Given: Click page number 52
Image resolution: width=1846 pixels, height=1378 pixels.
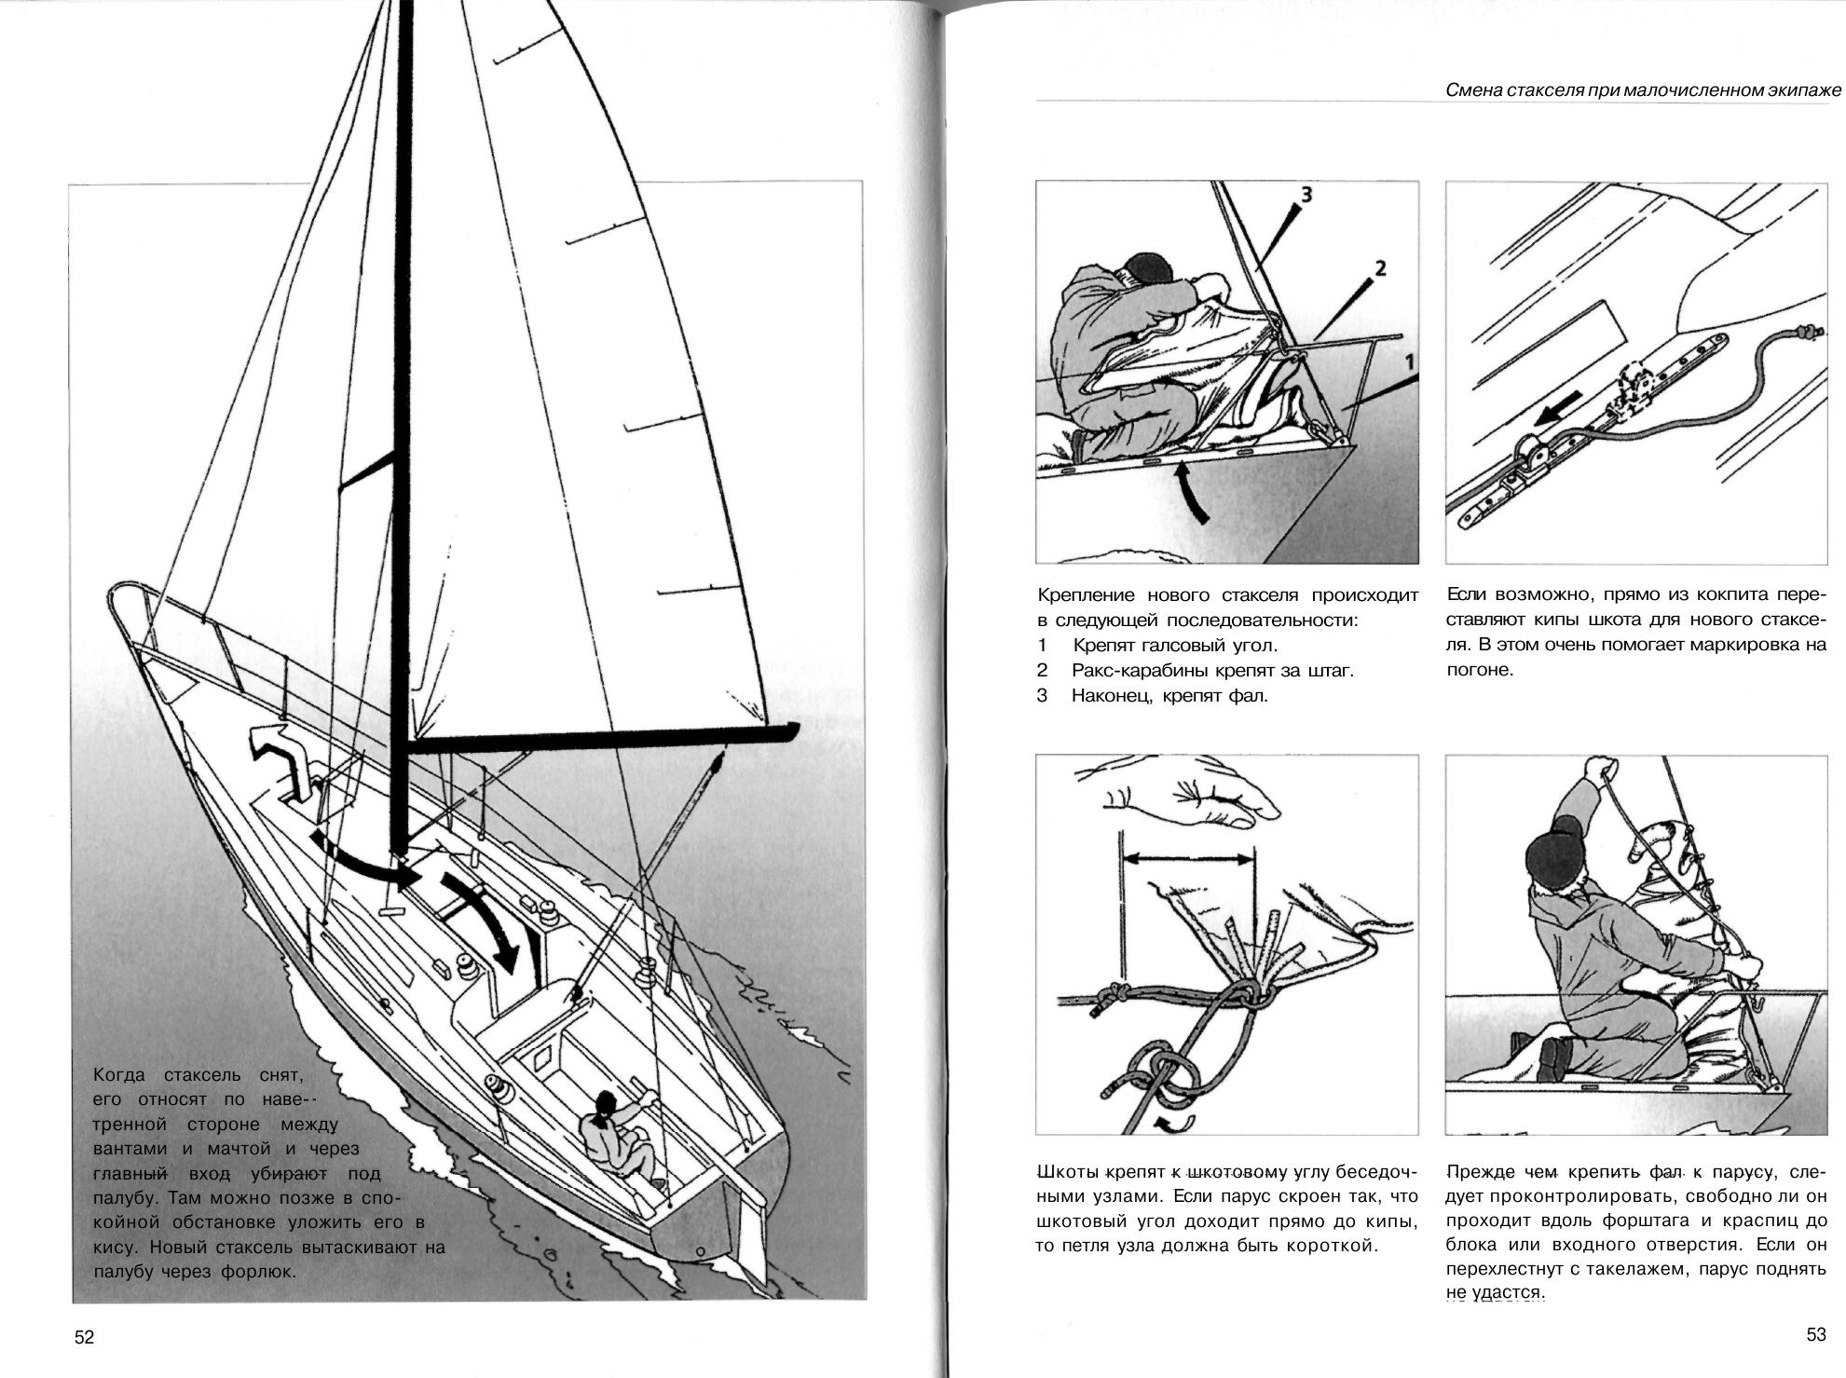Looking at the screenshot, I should (84, 1337).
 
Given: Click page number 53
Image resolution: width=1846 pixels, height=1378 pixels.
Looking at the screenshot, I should (1816, 1334).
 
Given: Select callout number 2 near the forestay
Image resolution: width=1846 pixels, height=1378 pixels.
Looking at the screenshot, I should (1380, 268).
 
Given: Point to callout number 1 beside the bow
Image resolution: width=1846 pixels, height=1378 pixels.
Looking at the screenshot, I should (1410, 360).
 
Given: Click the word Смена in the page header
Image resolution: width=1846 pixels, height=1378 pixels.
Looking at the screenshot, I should (1472, 90).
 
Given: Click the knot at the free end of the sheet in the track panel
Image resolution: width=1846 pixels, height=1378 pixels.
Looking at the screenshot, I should (1808, 332).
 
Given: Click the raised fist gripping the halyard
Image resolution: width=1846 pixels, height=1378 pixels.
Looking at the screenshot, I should (1600, 770).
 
